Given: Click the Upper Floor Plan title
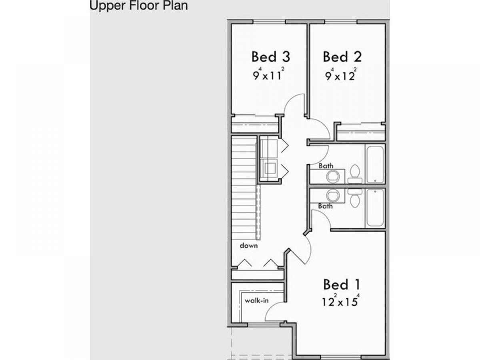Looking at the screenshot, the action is coord(139,6).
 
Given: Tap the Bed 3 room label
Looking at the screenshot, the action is coord(271,57).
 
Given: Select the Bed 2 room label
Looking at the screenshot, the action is coord(342,57).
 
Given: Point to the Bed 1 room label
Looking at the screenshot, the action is coord(341,284).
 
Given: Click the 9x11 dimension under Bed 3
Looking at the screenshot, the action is coord(269,74).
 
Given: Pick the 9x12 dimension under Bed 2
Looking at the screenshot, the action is coord(341,75).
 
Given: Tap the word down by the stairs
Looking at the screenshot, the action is coord(249,246).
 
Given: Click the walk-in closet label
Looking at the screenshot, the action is coord(256,300).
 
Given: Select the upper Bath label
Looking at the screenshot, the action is coord(326,166).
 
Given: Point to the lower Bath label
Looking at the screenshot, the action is coord(325,206).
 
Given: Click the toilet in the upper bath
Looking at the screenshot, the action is coord(355,174).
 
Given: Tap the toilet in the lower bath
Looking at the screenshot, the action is coord(355,198).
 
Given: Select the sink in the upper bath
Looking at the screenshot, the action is coord(333,176).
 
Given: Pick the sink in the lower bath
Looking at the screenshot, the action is coord(333,195).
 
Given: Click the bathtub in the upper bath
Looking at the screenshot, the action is coord(375,165).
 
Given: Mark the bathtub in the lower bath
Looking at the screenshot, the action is coord(375,208).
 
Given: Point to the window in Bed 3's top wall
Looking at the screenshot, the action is coord(270,22).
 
